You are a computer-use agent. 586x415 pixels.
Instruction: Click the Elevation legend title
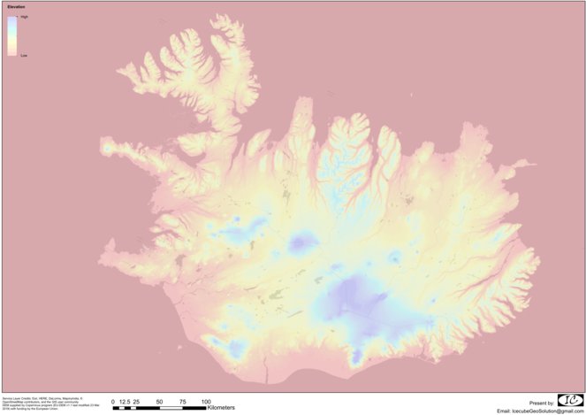click(17, 8)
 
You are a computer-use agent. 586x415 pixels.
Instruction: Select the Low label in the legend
click(24, 55)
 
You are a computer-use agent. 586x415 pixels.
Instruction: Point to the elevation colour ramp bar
click(12, 36)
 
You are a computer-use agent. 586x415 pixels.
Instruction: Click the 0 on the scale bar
click(113, 401)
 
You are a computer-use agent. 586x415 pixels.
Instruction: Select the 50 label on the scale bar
click(160, 401)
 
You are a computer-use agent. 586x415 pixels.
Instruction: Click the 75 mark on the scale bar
click(183, 401)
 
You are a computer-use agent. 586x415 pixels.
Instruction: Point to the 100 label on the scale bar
click(206, 401)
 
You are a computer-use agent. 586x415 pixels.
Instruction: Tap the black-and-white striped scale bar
click(159, 407)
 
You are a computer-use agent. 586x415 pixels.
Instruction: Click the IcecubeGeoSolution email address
click(541, 411)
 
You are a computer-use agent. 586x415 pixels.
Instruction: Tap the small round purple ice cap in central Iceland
click(305, 241)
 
